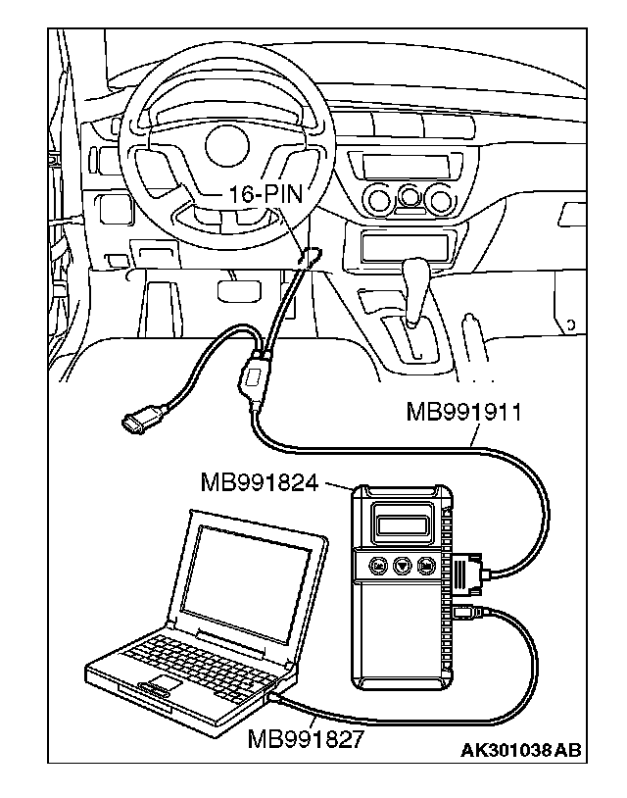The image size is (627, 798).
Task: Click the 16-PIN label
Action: pyautogui.click(x=265, y=193)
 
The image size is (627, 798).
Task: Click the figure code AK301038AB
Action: pyautogui.click(x=520, y=752)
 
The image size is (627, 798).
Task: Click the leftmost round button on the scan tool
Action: pyautogui.click(x=377, y=566)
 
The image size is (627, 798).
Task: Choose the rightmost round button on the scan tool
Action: pyautogui.click(x=427, y=566)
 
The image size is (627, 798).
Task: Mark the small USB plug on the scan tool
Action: pyautogui.click(x=466, y=614)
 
